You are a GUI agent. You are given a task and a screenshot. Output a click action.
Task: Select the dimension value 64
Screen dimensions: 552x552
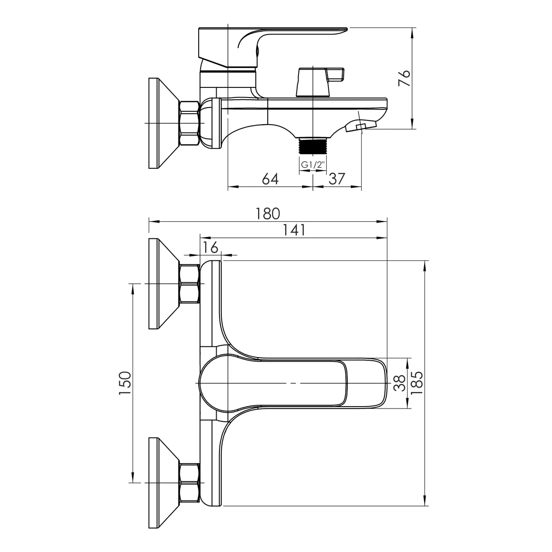(x=270, y=179)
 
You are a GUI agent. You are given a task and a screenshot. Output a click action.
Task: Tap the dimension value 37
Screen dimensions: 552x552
(x=337, y=179)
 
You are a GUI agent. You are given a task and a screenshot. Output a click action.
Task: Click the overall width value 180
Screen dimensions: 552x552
(x=268, y=214)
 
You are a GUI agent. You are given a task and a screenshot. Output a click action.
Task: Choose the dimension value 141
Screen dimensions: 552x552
(x=294, y=230)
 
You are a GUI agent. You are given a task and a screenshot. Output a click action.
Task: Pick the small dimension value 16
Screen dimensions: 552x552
(x=211, y=247)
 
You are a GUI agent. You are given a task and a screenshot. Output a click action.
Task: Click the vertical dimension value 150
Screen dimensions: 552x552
(x=125, y=383)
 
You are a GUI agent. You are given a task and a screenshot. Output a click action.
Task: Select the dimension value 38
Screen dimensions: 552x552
(x=400, y=383)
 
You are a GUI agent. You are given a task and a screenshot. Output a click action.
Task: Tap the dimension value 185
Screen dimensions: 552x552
(x=416, y=383)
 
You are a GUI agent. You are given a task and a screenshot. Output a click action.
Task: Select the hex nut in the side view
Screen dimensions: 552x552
(x=189, y=123)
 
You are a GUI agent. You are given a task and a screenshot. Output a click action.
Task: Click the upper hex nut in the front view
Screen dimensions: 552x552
(x=189, y=284)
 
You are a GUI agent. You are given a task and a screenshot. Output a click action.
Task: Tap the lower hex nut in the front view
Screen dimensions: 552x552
(x=189, y=483)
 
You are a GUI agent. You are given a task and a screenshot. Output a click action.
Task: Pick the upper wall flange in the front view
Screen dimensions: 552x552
(x=164, y=284)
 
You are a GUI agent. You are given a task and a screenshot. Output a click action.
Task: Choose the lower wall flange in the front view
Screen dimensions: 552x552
(x=164, y=483)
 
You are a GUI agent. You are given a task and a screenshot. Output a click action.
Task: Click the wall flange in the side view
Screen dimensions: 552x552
(x=164, y=123)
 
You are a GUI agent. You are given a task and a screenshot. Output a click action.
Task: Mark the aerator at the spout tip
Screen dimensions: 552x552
(x=361, y=126)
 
